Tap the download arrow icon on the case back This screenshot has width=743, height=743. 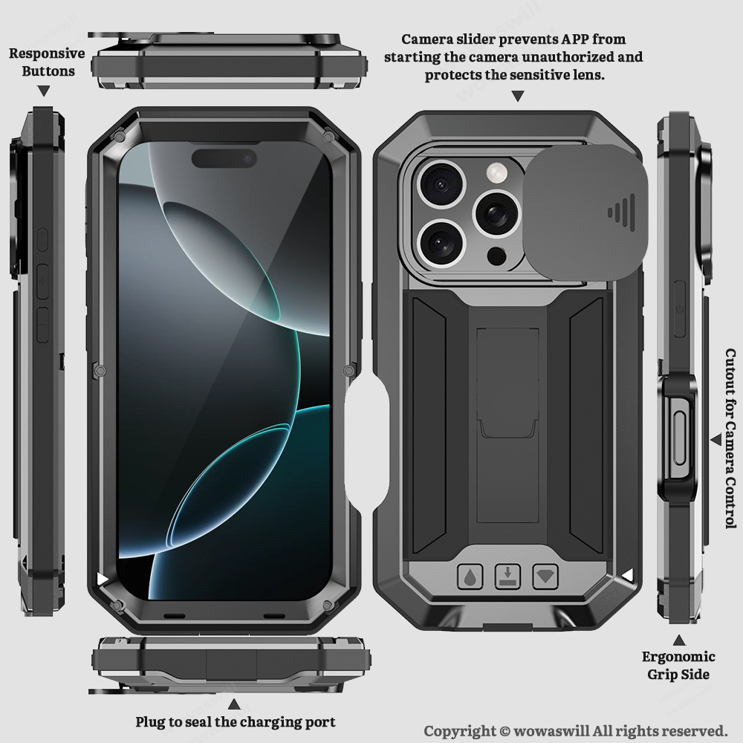(x=507, y=577)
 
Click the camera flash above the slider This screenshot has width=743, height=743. (x=496, y=173)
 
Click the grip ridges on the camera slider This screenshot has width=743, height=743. (x=620, y=212)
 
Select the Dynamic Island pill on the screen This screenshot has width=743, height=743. (x=224, y=158)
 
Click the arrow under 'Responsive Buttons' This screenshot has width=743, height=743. (x=44, y=91)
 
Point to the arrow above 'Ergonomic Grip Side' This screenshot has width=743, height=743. (x=678, y=640)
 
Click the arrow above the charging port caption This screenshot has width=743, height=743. (x=234, y=702)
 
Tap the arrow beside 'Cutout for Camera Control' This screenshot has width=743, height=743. (x=715, y=439)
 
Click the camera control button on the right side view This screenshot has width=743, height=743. (x=678, y=438)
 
